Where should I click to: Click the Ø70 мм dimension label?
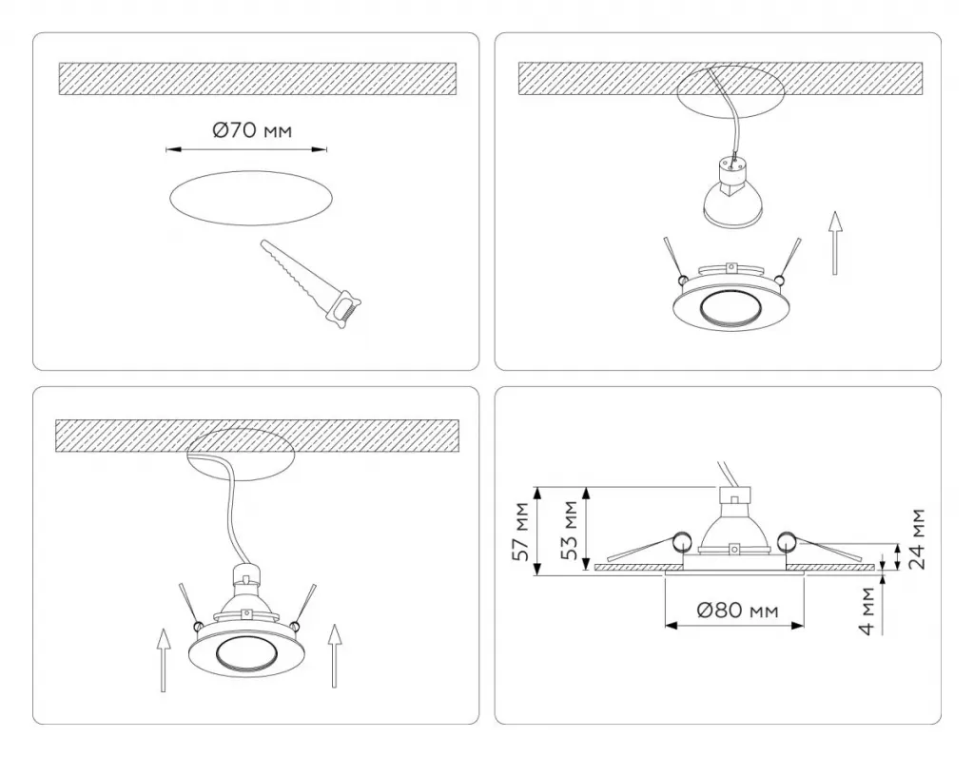(x=251, y=129)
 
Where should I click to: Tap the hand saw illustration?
(x=311, y=283)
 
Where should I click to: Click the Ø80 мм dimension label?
(x=737, y=611)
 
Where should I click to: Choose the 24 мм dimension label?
(x=918, y=538)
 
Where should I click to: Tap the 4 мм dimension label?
(x=867, y=611)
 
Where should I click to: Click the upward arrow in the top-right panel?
(x=836, y=243)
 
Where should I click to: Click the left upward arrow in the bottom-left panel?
(x=163, y=659)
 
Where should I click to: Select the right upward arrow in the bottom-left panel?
(x=335, y=656)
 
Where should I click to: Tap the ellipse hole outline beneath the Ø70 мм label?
(x=251, y=197)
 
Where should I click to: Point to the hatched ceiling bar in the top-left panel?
(x=258, y=79)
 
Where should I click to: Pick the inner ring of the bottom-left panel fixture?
(x=246, y=653)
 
